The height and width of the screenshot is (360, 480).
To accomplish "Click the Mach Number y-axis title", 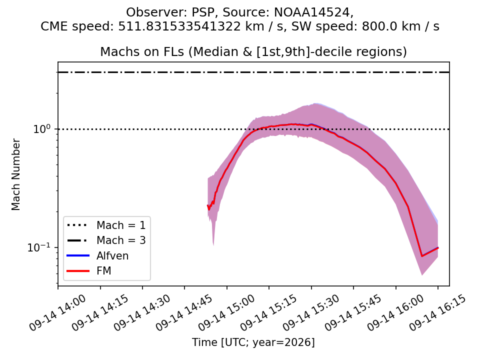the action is click(x=15, y=175).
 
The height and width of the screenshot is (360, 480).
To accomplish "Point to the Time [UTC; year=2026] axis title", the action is click(x=253, y=342).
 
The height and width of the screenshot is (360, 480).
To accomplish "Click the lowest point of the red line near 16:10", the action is click(x=422, y=256).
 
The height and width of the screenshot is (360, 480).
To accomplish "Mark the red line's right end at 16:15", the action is click(x=438, y=247).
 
